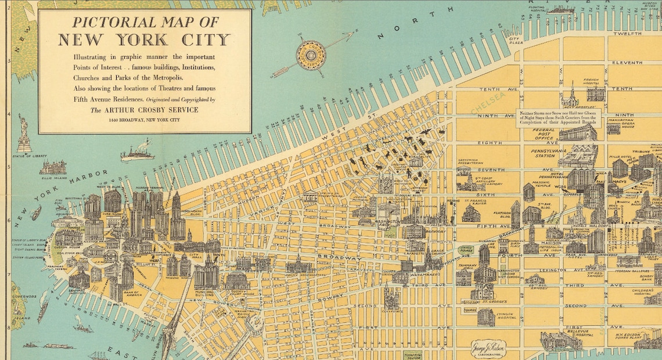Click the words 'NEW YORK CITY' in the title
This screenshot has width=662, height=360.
point(145,40)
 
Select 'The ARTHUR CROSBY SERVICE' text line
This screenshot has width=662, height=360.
point(145,109)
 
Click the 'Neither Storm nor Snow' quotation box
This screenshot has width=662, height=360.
point(562,118)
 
